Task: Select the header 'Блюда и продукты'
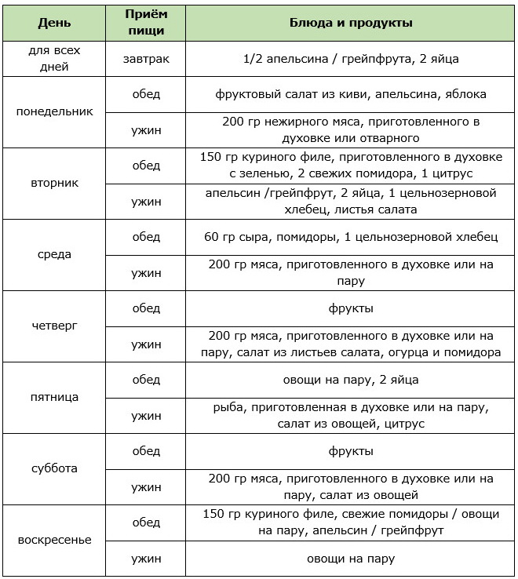click(x=351, y=23)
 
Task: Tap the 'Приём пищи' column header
click(x=146, y=23)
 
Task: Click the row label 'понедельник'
click(x=54, y=111)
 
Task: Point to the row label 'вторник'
click(x=54, y=183)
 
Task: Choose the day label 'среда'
click(x=54, y=254)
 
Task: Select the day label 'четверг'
click(x=54, y=326)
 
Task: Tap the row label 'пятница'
click(x=54, y=397)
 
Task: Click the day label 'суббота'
click(x=54, y=468)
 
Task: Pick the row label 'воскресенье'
click(x=54, y=540)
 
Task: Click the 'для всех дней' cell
click(x=54, y=58)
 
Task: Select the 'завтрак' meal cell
click(x=146, y=58)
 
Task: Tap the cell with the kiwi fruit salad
click(x=351, y=94)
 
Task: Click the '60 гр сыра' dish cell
click(x=351, y=237)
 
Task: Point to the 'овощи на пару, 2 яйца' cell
click(x=351, y=380)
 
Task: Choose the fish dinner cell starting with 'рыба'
click(x=351, y=415)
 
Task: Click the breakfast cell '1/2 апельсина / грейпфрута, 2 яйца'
click(x=351, y=58)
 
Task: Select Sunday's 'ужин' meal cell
click(x=146, y=559)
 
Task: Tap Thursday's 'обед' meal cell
click(x=146, y=308)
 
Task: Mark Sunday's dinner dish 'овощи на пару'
click(x=351, y=559)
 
